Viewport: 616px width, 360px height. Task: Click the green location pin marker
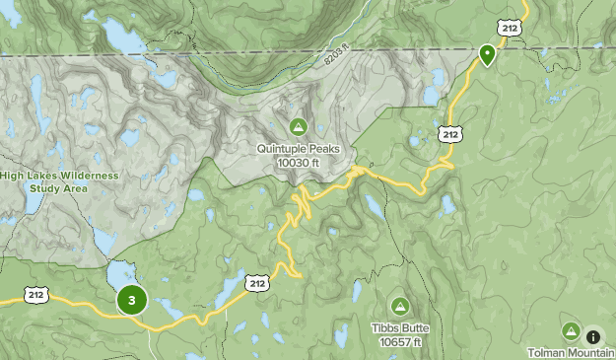click(487, 54)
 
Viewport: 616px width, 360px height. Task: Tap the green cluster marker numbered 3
click(131, 300)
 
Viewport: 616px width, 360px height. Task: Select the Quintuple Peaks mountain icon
click(298, 126)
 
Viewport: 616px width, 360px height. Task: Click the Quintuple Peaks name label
click(298, 149)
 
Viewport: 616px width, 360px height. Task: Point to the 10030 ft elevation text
click(298, 162)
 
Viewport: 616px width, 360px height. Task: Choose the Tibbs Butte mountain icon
click(399, 306)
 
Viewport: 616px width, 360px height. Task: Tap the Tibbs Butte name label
click(399, 328)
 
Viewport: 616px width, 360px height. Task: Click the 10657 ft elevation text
click(399, 341)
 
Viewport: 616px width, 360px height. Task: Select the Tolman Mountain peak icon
click(570, 331)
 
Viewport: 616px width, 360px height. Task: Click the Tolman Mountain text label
click(571, 352)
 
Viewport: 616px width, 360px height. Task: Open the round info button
click(593, 336)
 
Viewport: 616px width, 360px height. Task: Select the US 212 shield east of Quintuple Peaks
click(449, 133)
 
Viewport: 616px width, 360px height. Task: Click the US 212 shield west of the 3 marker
click(36, 294)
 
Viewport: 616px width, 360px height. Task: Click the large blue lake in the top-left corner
click(120, 36)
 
